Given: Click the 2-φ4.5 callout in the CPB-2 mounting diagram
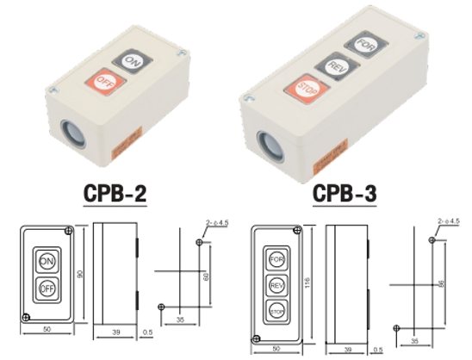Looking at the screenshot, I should pyautogui.click(x=218, y=224).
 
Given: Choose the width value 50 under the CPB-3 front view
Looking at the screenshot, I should pyautogui.click(x=275, y=348).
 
